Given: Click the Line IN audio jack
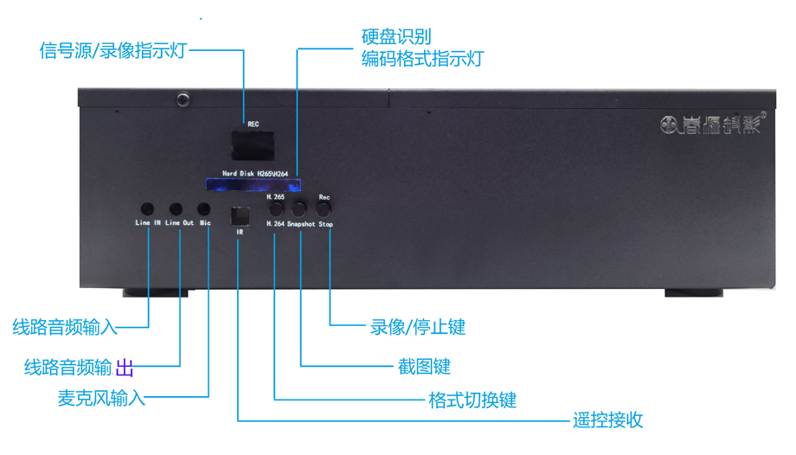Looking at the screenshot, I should click(148, 209).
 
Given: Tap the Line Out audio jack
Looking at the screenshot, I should click(177, 209).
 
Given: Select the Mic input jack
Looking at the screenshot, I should click(204, 209).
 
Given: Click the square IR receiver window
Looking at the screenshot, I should click(240, 215).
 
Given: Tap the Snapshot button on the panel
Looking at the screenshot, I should click(299, 208).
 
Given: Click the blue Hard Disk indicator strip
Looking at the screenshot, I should click(253, 183).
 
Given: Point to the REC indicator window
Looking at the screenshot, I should click(253, 141).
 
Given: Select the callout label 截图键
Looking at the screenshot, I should click(423, 367).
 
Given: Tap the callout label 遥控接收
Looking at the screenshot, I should click(608, 421).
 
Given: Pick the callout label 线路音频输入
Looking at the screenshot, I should click(65, 328).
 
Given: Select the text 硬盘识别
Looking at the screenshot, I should click(396, 38).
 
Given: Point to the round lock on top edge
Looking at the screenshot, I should click(183, 99).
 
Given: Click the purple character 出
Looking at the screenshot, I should click(125, 368).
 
